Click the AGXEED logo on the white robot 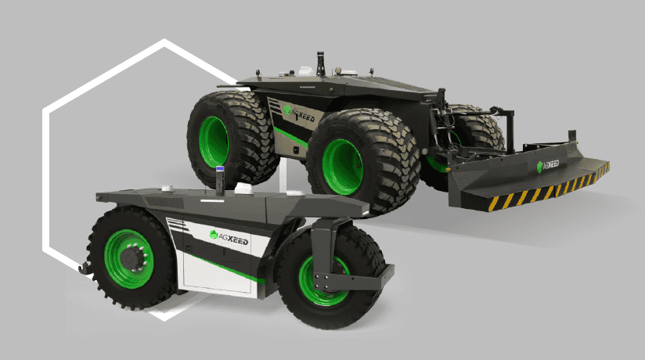229,238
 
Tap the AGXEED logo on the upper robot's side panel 299,114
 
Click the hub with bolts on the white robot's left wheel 134,257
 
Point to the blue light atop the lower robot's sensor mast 220,169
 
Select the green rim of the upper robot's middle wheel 342,167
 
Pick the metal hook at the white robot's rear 85,268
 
